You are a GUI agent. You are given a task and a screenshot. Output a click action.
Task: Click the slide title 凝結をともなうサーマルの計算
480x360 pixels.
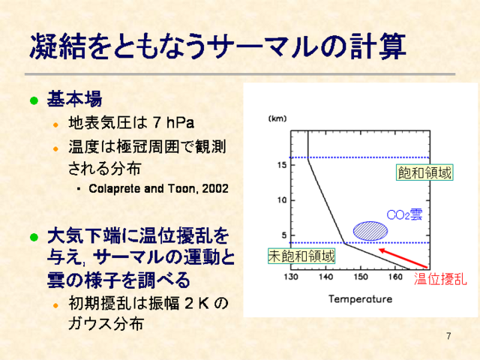[x=217, y=46]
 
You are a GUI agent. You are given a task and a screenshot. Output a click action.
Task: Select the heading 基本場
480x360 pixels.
[x=74, y=99]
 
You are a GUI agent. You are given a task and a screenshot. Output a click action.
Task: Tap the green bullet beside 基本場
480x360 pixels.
[x=34, y=100]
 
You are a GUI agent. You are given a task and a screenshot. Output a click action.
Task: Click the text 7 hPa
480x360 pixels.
[x=173, y=123]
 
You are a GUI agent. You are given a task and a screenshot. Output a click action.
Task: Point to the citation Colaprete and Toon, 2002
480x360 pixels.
[x=158, y=188]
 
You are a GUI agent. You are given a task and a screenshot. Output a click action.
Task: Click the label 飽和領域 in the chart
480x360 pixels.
[x=424, y=172]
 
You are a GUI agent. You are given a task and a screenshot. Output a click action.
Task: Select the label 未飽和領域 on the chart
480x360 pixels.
[x=301, y=256]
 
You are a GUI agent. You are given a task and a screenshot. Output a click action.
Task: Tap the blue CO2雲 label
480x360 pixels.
[x=404, y=214]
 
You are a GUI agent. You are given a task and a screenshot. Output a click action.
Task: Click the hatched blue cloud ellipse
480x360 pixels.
[x=370, y=231]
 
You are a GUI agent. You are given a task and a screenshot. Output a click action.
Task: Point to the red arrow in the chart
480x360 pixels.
[x=403, y=259]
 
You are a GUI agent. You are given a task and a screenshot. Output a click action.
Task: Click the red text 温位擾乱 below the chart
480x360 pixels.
[x=440, y=279]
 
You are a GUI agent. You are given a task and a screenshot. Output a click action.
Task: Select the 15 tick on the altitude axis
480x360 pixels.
[x=282, y=165]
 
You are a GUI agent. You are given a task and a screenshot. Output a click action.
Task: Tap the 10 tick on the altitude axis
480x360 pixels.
[x=282, y=200]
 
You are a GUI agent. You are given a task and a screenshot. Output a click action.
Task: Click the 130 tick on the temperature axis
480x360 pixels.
[x=291, y=277]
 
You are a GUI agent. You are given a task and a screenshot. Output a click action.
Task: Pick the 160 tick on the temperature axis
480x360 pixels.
[x=395, y=277]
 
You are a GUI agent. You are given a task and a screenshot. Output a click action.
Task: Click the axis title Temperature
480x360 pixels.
[x=360, y=298]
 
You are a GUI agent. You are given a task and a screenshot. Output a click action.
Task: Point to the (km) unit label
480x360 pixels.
[x=277, y=118]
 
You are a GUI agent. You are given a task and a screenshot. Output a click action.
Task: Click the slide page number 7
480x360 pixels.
[x=448, y=336]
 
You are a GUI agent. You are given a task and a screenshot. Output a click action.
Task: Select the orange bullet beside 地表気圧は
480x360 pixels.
[x=55, y=124]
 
